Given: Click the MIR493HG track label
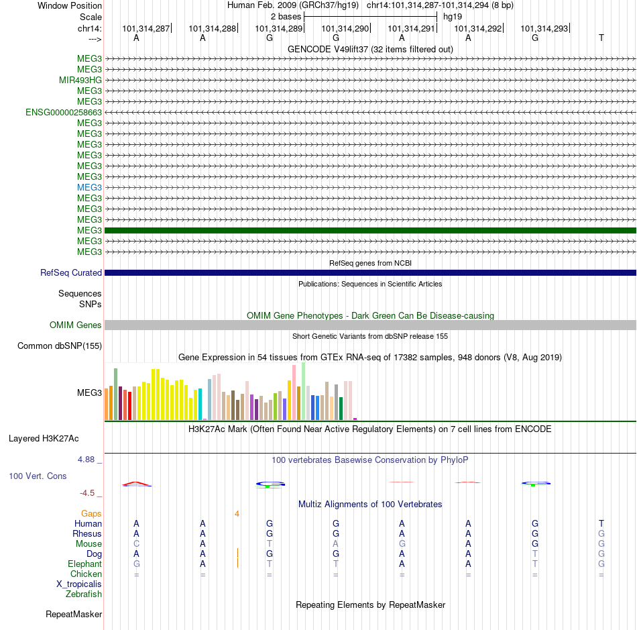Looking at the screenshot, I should [80, 80].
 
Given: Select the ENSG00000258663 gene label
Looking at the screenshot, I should [64, 112].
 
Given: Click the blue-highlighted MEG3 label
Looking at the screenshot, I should [89, 187].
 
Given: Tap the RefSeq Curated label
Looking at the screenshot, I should [71, 273].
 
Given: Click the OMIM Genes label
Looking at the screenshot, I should [76, 325].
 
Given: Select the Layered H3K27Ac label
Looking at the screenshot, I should [44, 439].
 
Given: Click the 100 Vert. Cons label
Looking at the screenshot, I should [38, 476].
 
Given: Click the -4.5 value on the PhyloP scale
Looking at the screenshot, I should [87, 493].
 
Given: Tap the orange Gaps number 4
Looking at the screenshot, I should [237, 514].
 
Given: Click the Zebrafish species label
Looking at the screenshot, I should [84, 594].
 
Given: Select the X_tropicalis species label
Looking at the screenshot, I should [79, 584].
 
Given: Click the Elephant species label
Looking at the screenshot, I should [84, 564].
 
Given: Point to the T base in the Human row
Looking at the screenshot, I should [601, 524].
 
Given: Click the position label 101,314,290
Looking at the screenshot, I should [345, 29].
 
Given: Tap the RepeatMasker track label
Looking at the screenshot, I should [74, 615].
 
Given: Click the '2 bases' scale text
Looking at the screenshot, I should [286, 16].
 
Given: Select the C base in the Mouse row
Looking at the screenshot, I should [136, 544].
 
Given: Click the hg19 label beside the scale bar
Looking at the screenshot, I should [453, 16].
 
